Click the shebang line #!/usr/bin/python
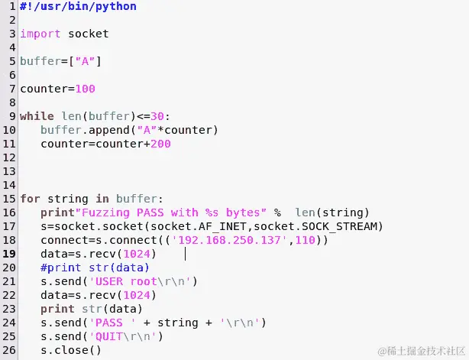pos(79,6)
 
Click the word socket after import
pos(88,34)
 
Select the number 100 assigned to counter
pos(85,89)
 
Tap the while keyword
pos(37,116)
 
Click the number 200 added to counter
pos(160,144)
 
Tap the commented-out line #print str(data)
pos(95,268)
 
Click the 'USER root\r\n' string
pos(144,281)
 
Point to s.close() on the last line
pos(71,350)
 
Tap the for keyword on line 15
pos(30,199)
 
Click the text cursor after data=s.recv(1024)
pos(186,253)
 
